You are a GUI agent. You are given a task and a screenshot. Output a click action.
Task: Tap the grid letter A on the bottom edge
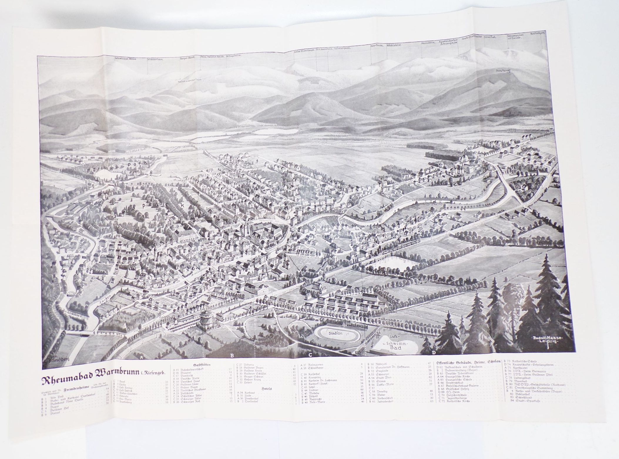(141, 357)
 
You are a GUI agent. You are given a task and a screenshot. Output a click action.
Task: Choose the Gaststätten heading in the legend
(202, 364)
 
